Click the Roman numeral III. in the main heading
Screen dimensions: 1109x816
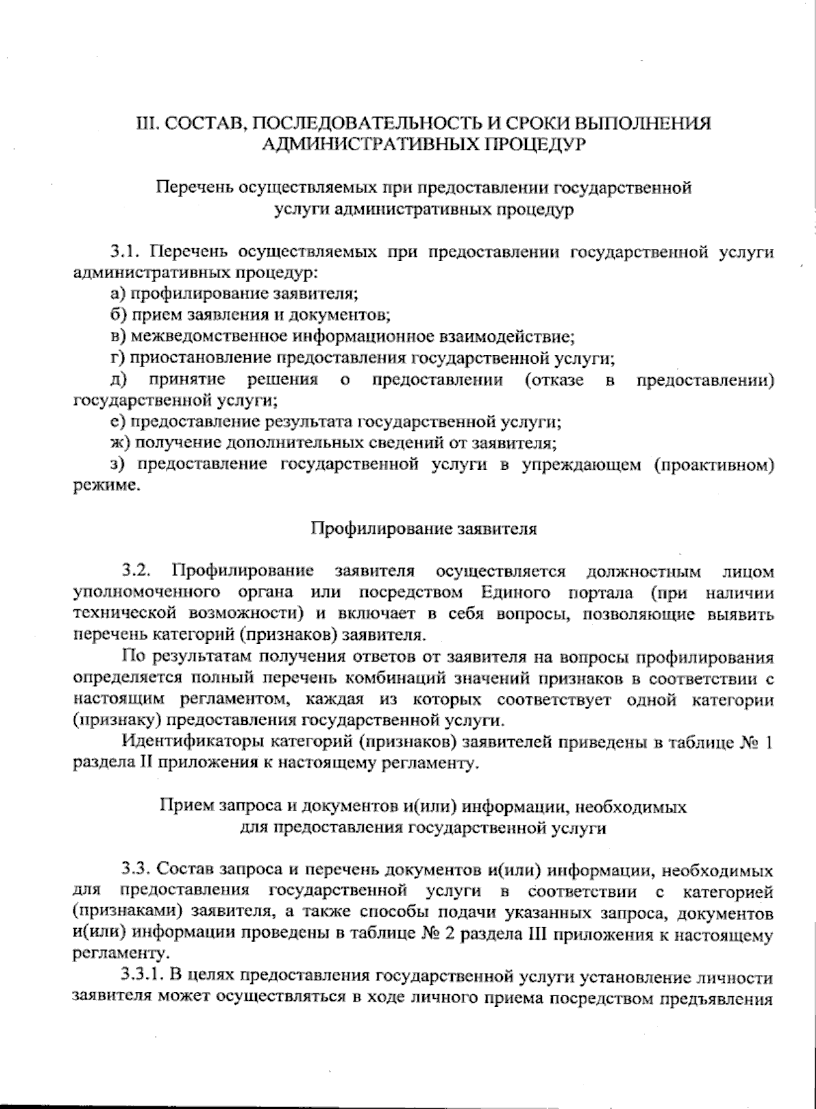tap(147, 124)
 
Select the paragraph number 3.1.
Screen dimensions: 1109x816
tap(127, 252)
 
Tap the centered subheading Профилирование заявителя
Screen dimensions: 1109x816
tap(424, 529)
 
